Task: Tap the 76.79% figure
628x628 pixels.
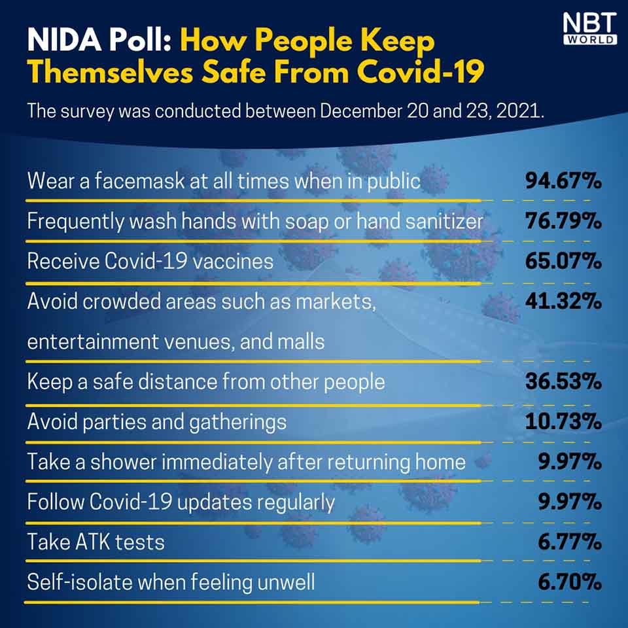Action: coord(563,222)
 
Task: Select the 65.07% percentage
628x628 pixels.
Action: coord(563,262)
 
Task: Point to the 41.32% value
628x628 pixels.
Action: coord(563,302)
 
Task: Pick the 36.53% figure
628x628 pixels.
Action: coord(563,381)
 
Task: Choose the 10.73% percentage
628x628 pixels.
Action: coord(563,421)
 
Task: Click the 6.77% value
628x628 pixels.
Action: coord(571,542)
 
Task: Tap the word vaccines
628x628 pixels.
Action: coord(235,262)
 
